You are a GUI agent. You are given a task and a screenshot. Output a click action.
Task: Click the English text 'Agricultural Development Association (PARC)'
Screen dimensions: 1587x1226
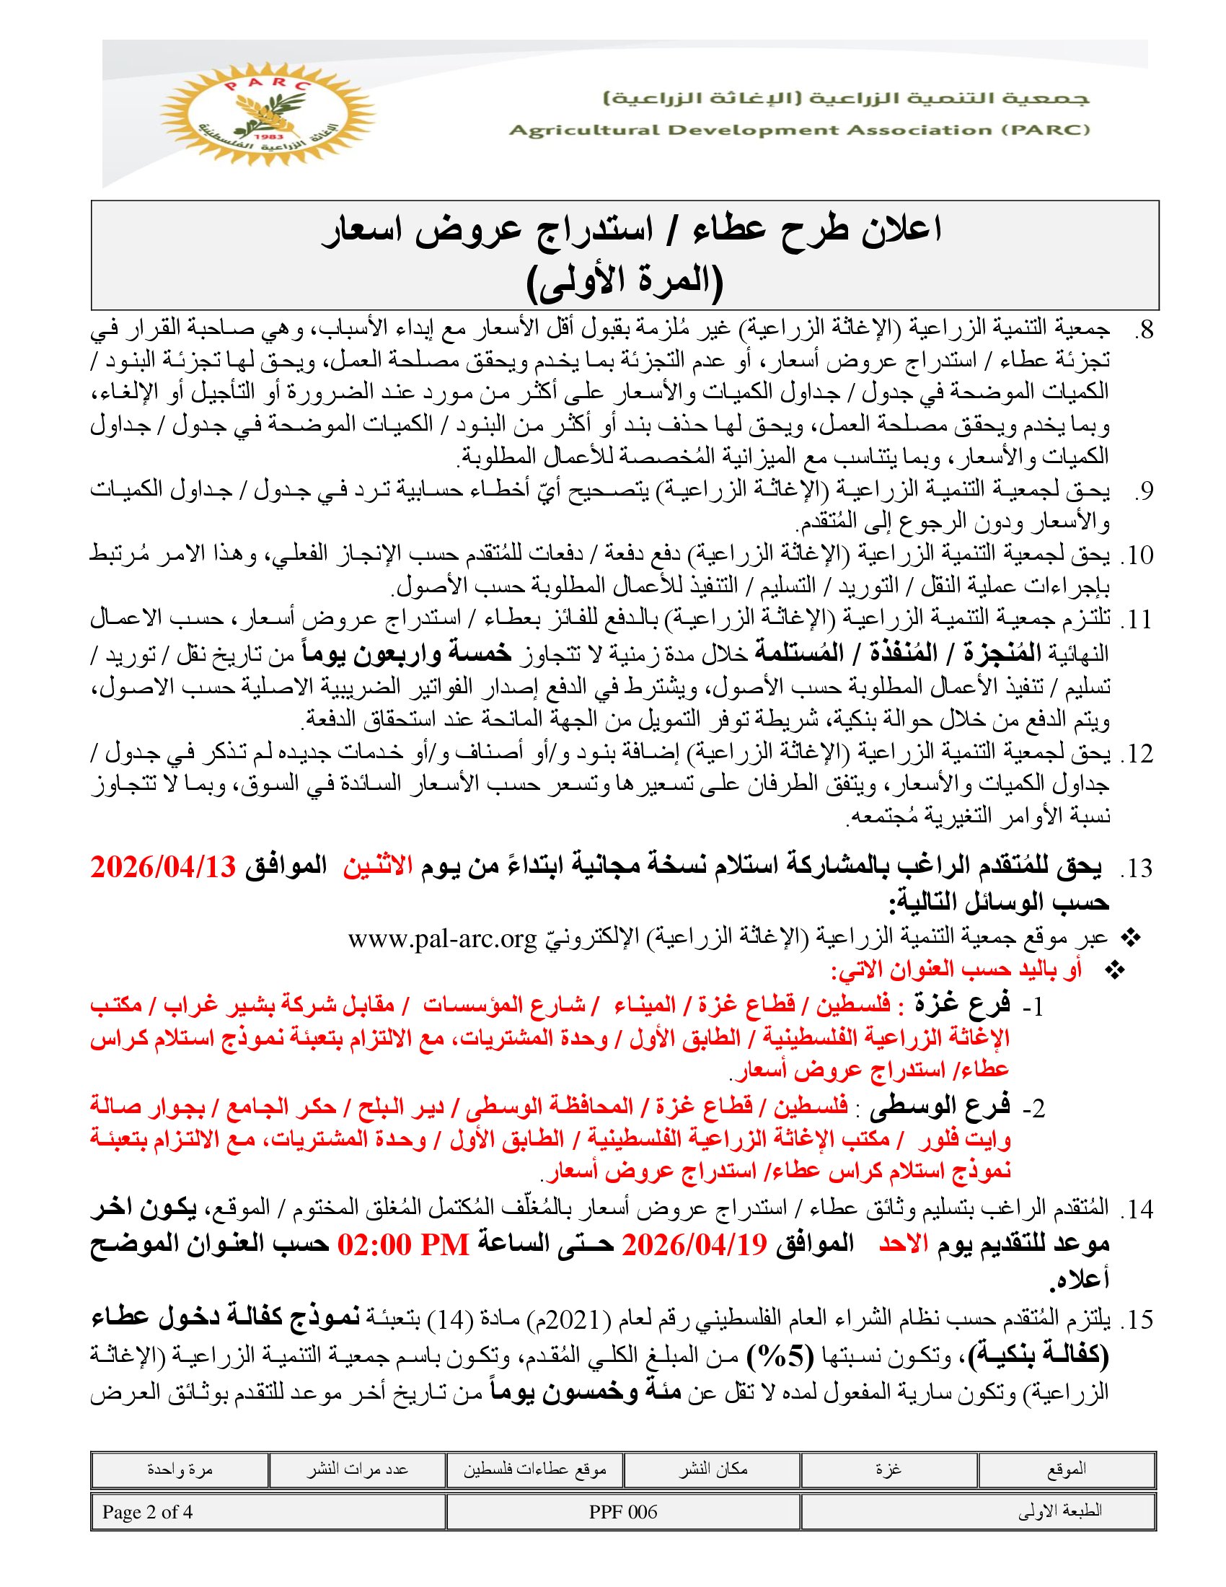pos(799,131)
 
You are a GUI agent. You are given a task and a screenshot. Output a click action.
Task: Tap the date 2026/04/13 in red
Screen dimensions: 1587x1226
pos(164,867)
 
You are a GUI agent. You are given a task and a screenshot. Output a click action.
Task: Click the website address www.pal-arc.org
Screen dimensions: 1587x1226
pos(442,938)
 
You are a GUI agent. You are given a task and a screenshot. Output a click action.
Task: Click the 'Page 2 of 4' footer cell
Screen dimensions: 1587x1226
pos(147,1512)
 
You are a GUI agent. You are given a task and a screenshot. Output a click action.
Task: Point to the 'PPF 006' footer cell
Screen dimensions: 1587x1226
pos(622,1512)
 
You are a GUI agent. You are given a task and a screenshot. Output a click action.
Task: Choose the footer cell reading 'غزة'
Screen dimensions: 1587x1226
pos(888,1470)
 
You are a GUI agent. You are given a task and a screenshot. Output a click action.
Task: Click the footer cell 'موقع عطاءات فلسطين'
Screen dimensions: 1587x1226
pos(534,1470)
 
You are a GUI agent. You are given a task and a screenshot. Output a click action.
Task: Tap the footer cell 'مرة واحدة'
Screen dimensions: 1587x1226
pos(180,1470)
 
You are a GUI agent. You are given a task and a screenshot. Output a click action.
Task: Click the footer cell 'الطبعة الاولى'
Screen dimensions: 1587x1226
pos(1060,1512)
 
